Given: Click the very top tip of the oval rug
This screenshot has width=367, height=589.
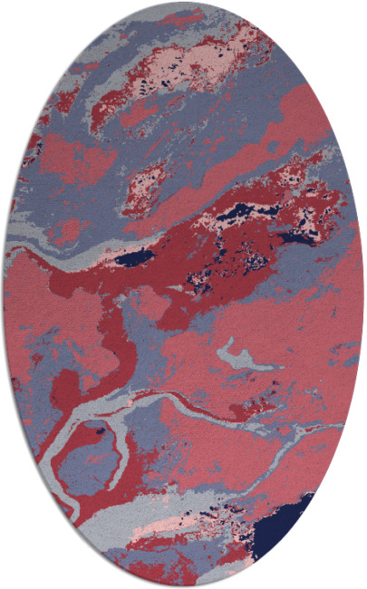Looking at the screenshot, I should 183,3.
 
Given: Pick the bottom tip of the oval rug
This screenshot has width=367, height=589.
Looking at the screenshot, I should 183,585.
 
